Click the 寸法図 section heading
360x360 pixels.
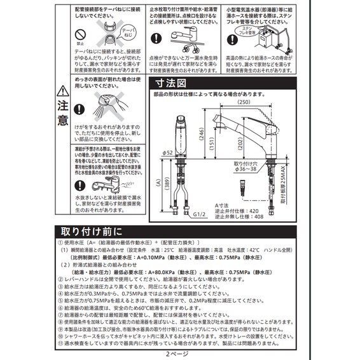[172, 83]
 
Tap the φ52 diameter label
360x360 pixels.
[167, 153]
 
